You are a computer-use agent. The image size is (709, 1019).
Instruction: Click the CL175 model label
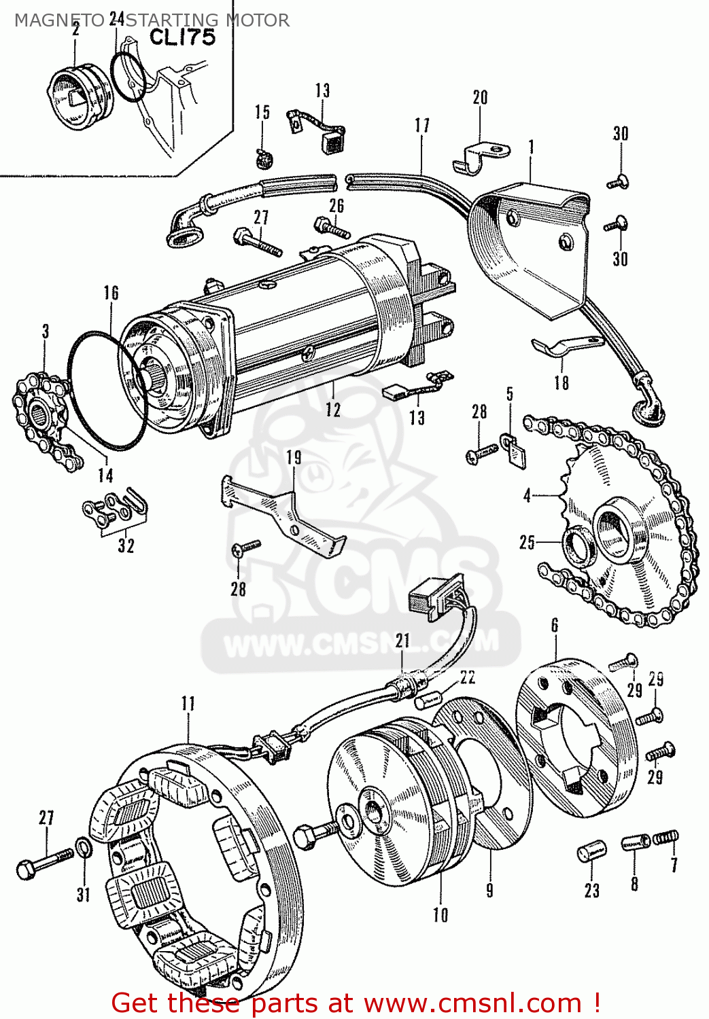(181, 37)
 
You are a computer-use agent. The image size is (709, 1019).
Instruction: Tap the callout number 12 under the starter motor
(332, 409)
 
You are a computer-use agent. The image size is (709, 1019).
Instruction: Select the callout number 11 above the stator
(188, 703)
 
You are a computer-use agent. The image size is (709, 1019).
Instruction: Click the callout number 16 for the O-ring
(111, 293)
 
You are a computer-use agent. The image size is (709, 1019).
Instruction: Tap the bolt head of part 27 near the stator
(26, 868)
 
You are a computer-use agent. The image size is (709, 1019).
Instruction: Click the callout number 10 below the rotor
(440, 915)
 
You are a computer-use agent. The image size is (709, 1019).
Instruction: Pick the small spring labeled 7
(666, 839)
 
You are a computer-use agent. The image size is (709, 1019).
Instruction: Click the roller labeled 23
(589, 852)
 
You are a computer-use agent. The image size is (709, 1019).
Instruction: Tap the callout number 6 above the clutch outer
(555, 625)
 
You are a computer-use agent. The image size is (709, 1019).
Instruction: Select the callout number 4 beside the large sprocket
(527, 496)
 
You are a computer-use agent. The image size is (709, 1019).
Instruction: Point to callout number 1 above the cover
(531, 147)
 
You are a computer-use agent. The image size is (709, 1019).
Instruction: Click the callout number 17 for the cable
(422, 126)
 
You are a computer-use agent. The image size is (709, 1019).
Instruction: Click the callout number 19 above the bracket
(294, 457)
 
